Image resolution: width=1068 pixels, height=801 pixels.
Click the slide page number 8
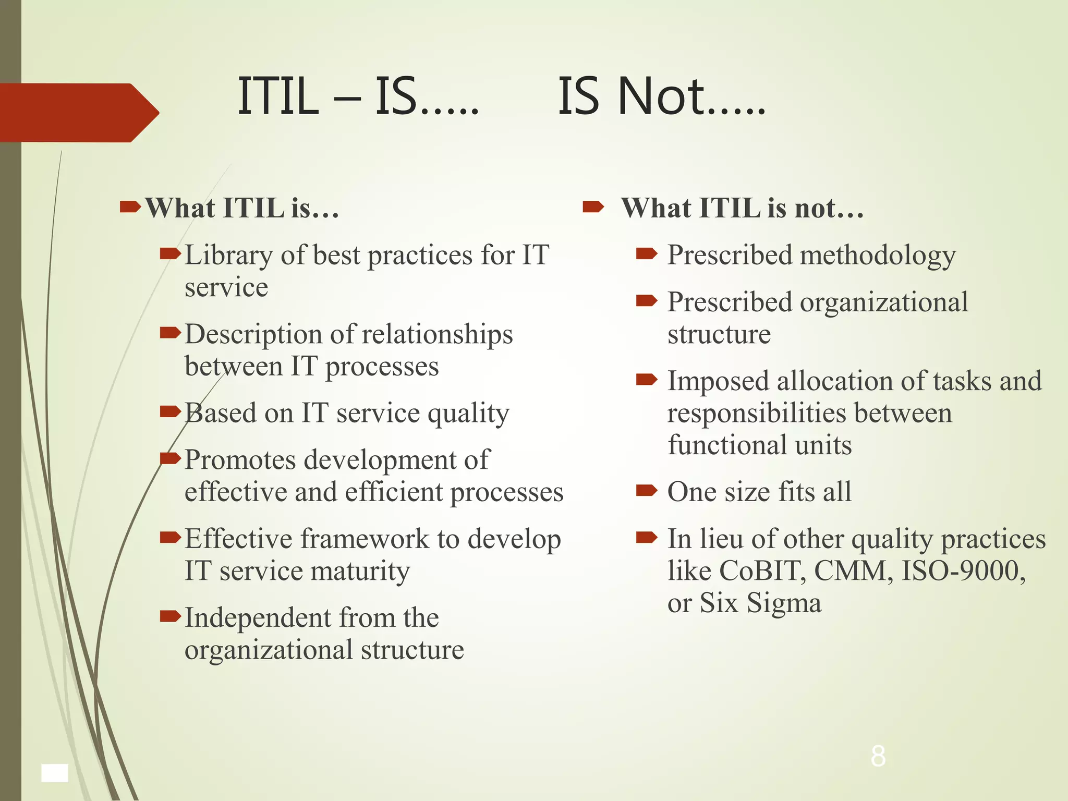[x=878, y=756]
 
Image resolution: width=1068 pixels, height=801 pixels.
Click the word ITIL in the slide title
[x=278, y=96]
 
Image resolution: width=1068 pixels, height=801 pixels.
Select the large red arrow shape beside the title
[x=78, y=113]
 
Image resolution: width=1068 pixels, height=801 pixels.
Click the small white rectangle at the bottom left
[x=55, y=773]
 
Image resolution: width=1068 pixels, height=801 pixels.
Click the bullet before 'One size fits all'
[x=647, y=490]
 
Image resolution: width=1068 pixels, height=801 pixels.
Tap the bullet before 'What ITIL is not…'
[x=593, y=208]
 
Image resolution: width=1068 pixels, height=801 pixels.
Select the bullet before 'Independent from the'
[x=170, y=616]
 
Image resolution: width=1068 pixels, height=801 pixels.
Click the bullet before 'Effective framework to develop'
[x=170, y=537]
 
